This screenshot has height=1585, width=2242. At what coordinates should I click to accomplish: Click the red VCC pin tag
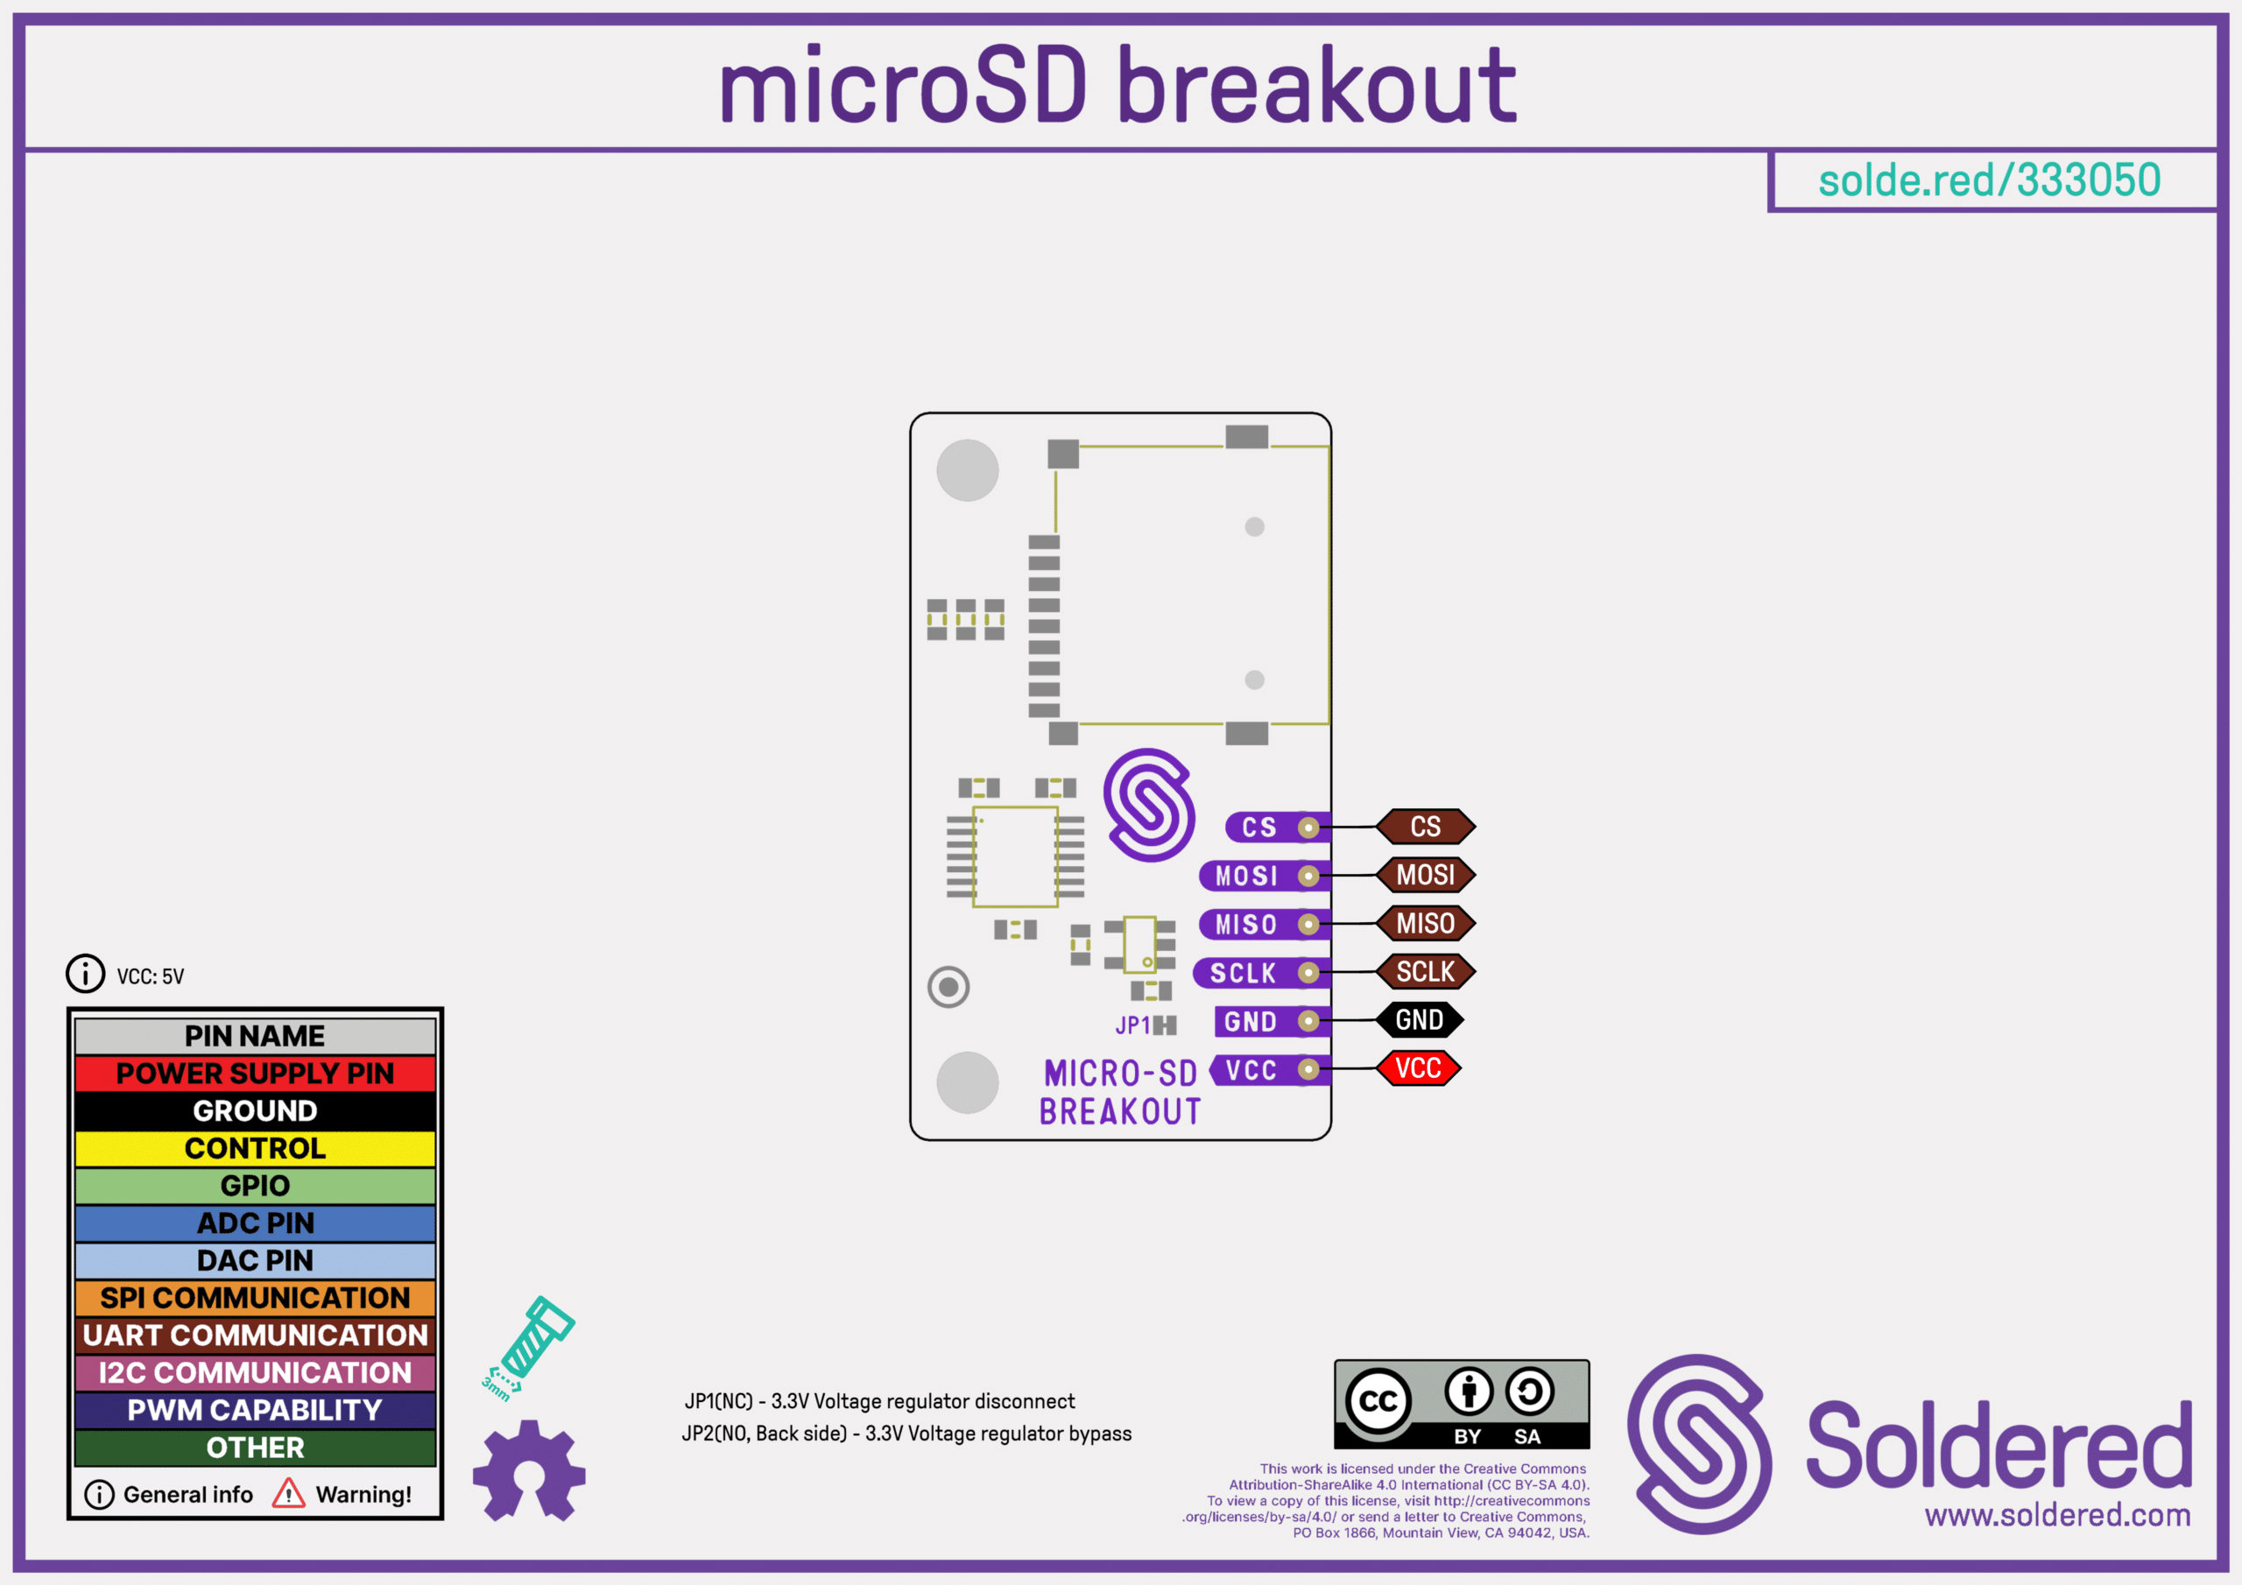(1418, 1068)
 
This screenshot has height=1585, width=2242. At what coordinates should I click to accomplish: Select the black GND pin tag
(1419, 1020)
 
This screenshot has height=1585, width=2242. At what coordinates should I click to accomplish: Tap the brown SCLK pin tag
(1425, 972)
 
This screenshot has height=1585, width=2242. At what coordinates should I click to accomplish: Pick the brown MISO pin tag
(1425, 924)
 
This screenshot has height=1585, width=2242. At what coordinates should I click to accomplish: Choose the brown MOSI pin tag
(1425, 875)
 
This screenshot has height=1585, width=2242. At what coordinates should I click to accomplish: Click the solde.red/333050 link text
(1989, 180)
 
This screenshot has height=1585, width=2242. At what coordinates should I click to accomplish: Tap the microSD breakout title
(1118, 87)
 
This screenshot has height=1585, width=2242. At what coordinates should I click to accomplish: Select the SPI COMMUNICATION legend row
(255, 1298)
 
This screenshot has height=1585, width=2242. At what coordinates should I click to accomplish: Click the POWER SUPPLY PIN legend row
(255, 1074)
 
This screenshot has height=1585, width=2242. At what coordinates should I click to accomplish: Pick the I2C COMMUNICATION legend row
(255, 1373)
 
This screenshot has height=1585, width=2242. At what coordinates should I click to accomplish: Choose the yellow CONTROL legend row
(255, 1148)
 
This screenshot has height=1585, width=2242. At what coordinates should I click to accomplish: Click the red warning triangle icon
(288, 1493)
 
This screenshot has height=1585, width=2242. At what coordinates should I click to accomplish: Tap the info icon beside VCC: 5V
(86, 974)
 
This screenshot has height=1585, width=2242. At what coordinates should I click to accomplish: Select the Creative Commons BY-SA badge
(1461, 1405)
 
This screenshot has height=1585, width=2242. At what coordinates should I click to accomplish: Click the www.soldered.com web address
(2057, 1515)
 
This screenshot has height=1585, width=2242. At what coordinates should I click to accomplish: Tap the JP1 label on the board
(1132, 1025)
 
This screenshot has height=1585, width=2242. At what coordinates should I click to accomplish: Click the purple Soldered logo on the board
(1149, 805)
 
